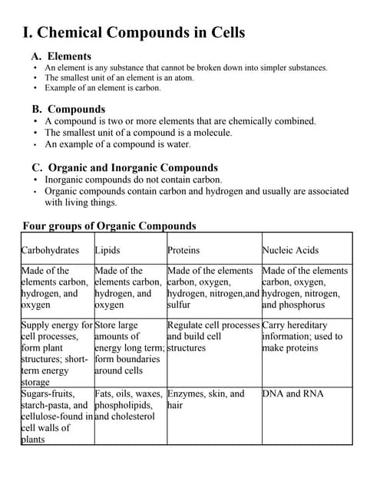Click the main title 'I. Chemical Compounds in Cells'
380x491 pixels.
pyautogui.click(x=134, y=32)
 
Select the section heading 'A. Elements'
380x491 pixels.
pyautogui.click(x=61, y=56)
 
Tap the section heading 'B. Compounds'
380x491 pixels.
pyautogui.click(x=68, y=109)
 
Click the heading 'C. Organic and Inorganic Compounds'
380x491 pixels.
pyautogui.click(x=125, y=167)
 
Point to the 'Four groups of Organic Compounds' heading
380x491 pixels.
pyautogui.click(x=109, y=226)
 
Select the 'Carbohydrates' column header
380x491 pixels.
pyautogui.click(x=50, y=250)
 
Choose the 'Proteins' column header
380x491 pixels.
pyautogui.click(x=183, y=250)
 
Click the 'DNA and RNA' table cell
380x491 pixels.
pyautogui.click(x=292, y=394)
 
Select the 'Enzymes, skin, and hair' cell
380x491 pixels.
pyautogui.click(x=205, y=399)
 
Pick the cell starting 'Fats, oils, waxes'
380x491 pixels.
pyautogui.click(x=128, y=404)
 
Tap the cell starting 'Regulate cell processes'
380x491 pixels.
pyautogui.click(x=213, y=336)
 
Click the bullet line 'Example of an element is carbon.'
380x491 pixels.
pyautogui.click(x=103, y=88)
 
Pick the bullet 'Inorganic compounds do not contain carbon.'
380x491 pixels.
pyautogui.click(x=133, y=180)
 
